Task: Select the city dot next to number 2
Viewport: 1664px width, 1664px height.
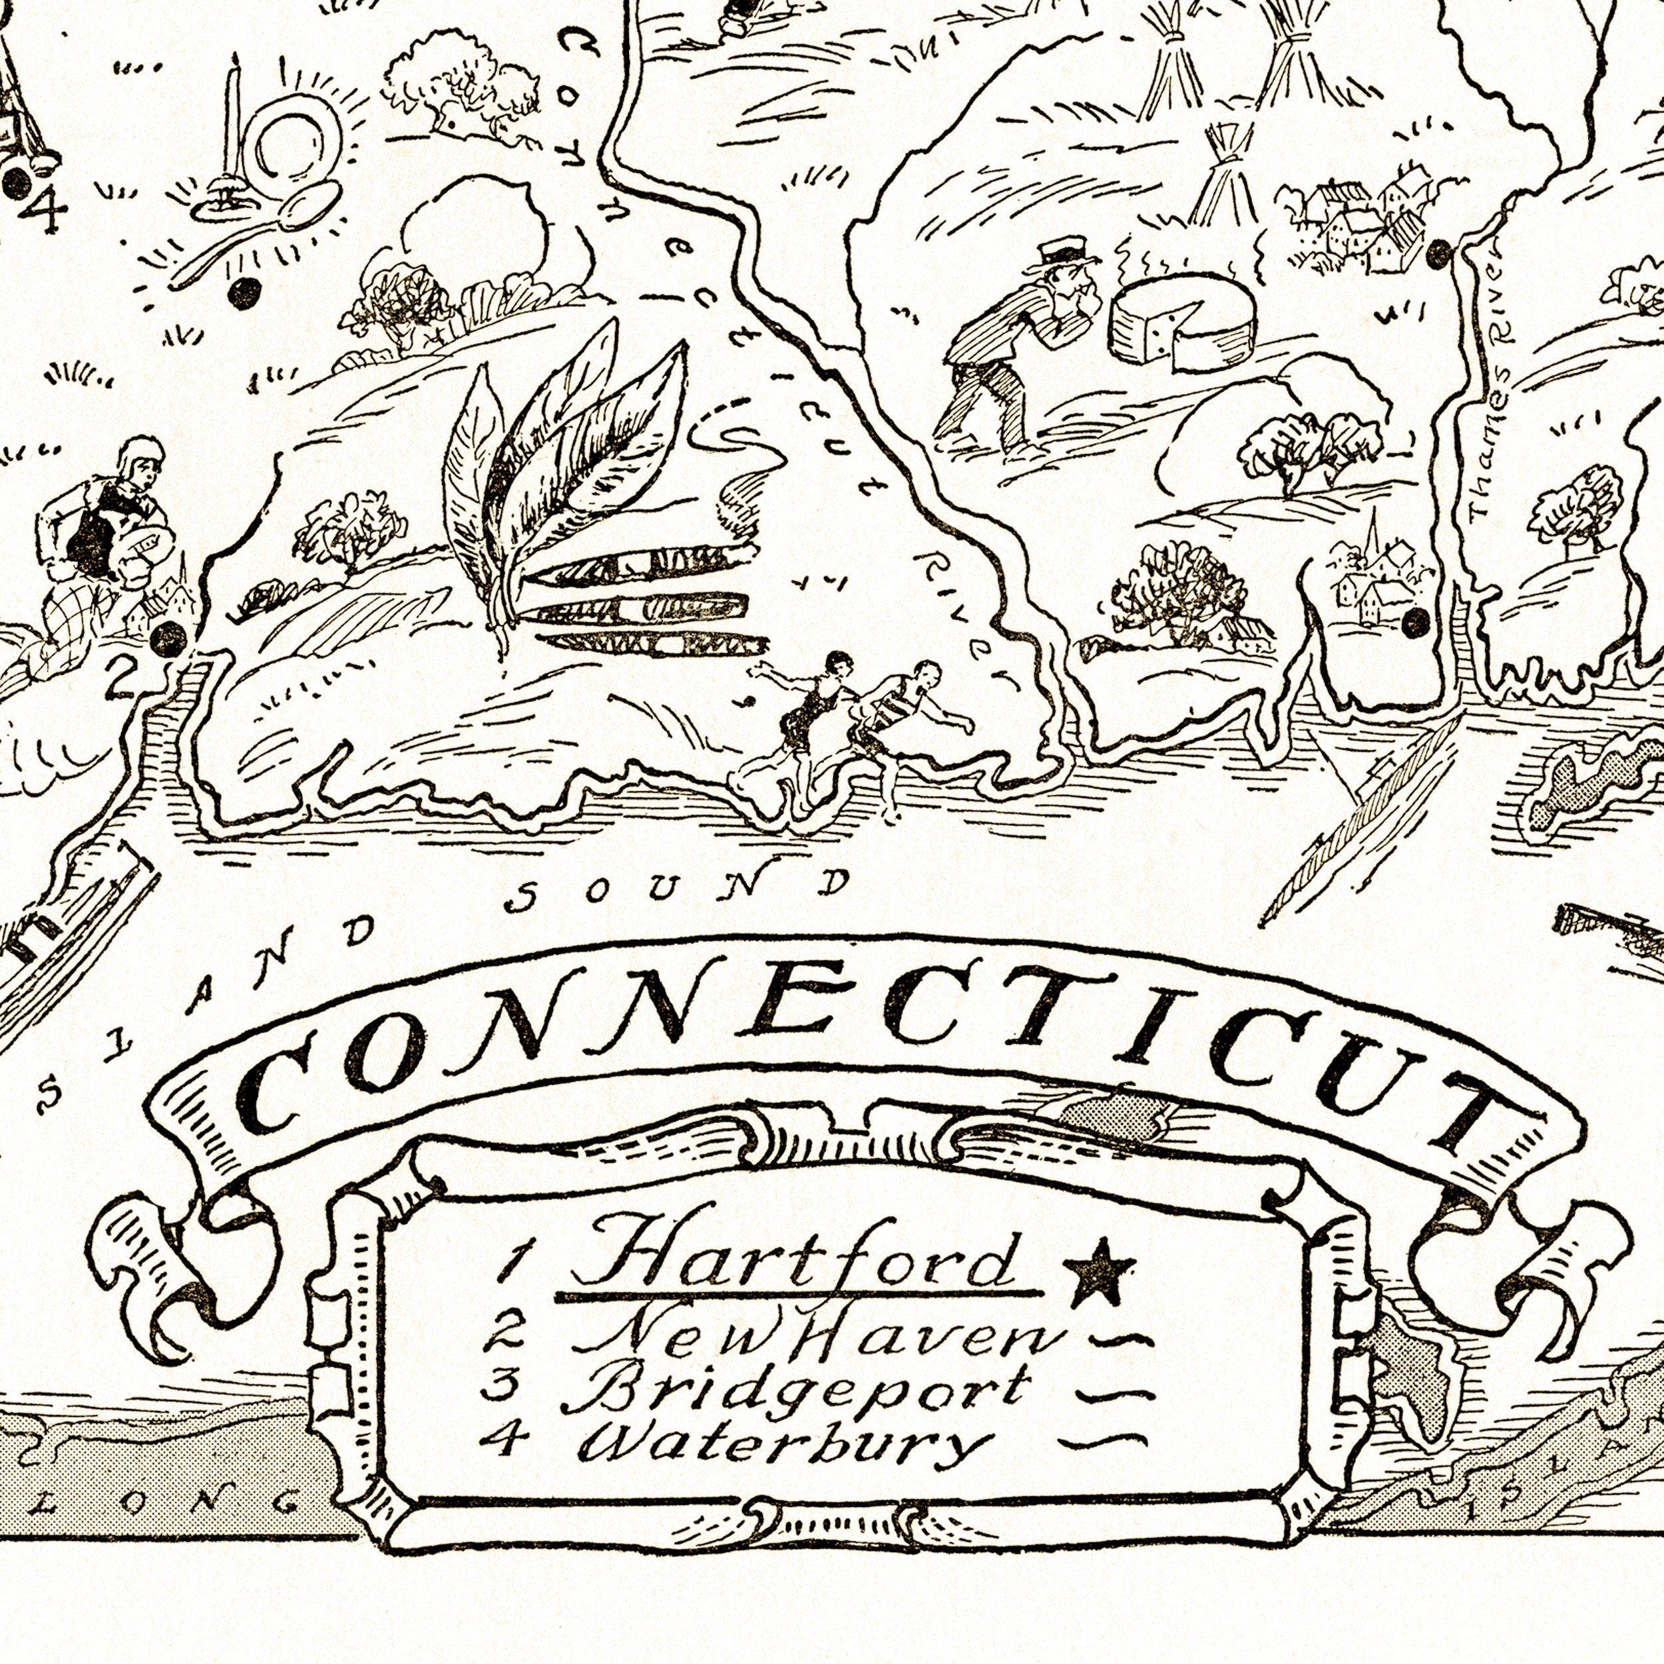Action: [168, 639]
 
